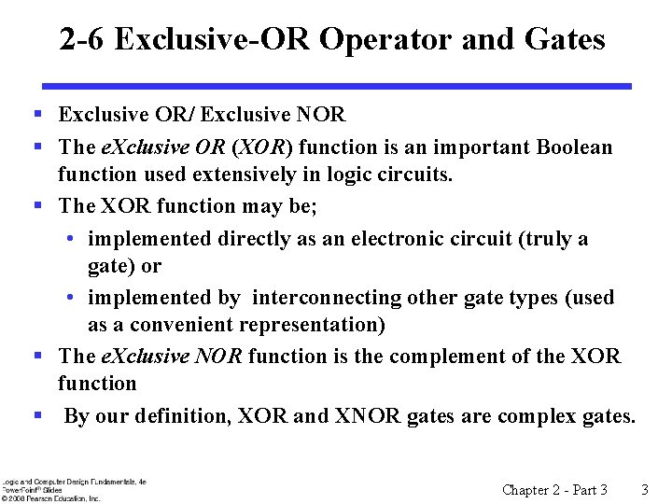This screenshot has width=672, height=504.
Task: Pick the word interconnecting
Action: (x=328, y=298)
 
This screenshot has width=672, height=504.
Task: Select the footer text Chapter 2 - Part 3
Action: (x=554, y=490)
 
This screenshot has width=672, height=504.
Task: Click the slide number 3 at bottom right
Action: (x=644, y=490)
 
